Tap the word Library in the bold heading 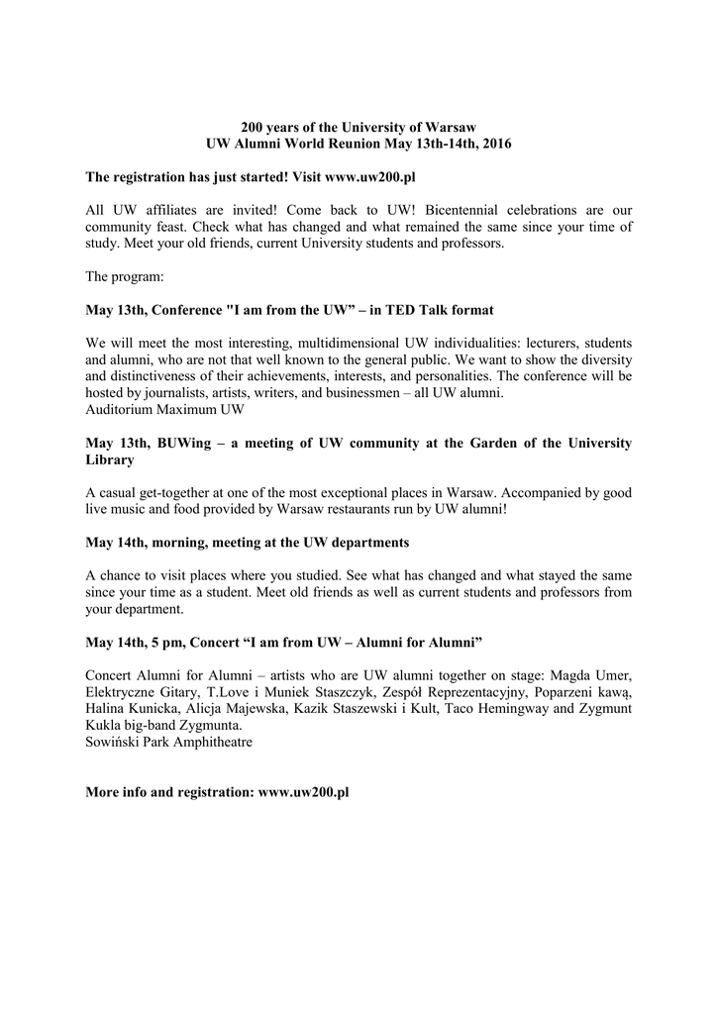110,460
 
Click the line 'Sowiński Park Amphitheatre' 168,743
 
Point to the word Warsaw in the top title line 450,128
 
